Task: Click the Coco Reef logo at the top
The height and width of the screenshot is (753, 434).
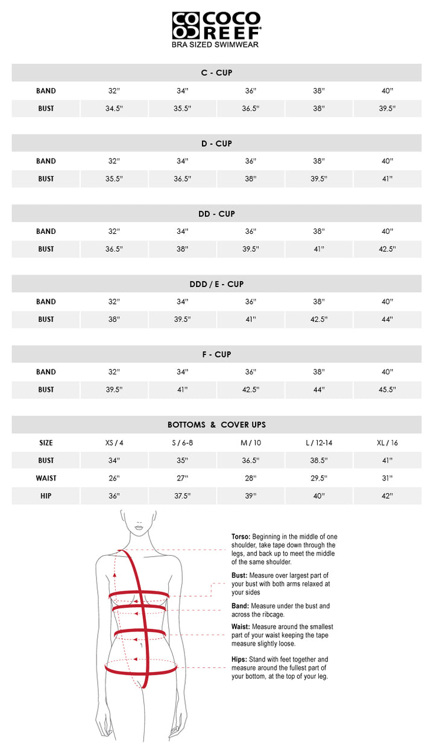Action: (x=216, y=26)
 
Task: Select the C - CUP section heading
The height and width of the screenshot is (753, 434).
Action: (x=216, y=73)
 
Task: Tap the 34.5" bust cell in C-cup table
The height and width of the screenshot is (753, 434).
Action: (x=114, y=109)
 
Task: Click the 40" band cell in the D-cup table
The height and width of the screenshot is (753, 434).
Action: (x=387, y=161)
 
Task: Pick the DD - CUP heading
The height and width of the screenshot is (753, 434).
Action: (x=216, y=214)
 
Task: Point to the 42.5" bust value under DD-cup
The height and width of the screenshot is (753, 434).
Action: (x=387, y=249)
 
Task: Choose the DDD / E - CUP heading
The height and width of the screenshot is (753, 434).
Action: (x=216, y=284)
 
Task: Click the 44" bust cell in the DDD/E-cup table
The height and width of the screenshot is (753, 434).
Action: (x=387, y=320)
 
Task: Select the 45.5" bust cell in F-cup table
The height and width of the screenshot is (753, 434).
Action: (x=387, y=389)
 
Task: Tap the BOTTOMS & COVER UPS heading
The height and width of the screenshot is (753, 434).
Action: (x=216, y=425)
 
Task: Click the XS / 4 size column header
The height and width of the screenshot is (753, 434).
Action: (x=114, y=443)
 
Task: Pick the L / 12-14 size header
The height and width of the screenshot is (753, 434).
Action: (x=319, y=443)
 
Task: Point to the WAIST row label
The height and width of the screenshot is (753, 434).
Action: (x=46, y=478)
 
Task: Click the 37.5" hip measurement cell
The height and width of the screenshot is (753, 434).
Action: (x=182, y=496)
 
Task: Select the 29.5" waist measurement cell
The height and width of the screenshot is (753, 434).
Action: (x=319, y=478)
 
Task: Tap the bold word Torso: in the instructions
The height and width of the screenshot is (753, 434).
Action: (x=241, y=537)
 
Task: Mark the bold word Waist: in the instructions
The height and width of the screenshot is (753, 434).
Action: (x=241, y=626)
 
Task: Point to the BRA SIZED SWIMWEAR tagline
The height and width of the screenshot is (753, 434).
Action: (x=216, y=45)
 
